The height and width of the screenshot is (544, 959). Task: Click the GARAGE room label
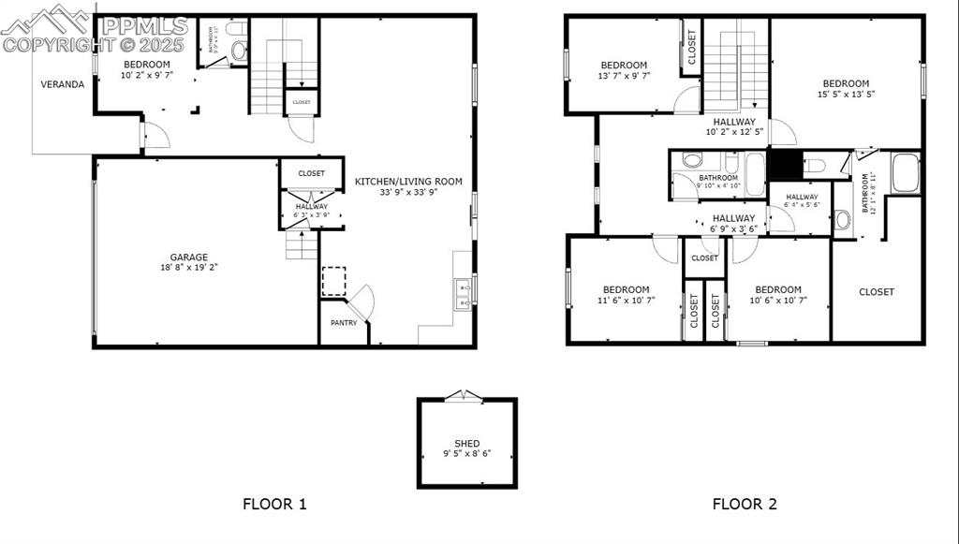[188, 257]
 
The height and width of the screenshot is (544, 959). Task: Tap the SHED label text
[466, 444]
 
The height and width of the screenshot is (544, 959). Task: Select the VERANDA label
[62, 84]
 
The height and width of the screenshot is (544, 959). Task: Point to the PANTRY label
[343, 323]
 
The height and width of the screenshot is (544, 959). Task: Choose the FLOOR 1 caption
[274, 504]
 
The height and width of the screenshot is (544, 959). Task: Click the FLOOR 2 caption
[745, 504]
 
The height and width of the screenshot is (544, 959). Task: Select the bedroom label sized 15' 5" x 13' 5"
[846, 83]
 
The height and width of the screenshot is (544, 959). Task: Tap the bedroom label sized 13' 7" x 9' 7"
[625, 65]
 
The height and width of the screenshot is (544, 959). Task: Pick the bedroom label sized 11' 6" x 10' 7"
[626, 289]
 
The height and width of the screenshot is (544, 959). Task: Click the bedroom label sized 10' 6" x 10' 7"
[778, 289]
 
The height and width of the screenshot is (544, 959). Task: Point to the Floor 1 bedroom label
[147, 65]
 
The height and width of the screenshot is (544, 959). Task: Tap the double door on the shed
[460, 396]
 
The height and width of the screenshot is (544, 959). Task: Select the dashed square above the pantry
[334, 281]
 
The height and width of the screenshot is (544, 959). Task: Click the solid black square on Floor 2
[785, 164]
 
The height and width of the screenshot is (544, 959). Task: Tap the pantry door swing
[363, 301]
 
